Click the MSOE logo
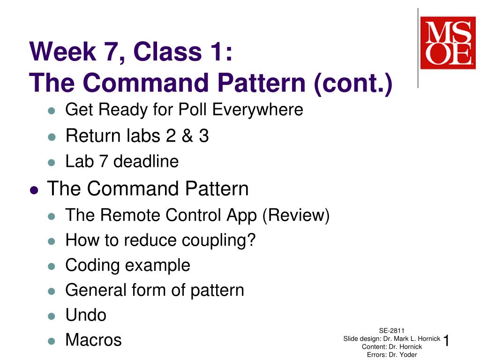coord(447,43)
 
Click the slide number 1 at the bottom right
coord(446,341)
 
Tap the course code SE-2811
coord(392,330)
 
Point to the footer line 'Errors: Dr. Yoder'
coord(392,354)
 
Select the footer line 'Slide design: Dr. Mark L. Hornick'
coord(392,338)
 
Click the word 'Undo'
coord(86,315)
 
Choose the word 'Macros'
coord(93,340)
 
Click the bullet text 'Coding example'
coord(127,265)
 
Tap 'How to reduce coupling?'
coord(160,240)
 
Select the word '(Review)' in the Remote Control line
coord(296,215)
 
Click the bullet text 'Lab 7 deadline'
coord(122,162)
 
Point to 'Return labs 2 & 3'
coord(137,136)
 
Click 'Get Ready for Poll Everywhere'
coord(184,110)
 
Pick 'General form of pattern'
coord(155,290)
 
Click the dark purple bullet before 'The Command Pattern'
coord(33,190)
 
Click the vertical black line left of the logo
coord(418,47)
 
